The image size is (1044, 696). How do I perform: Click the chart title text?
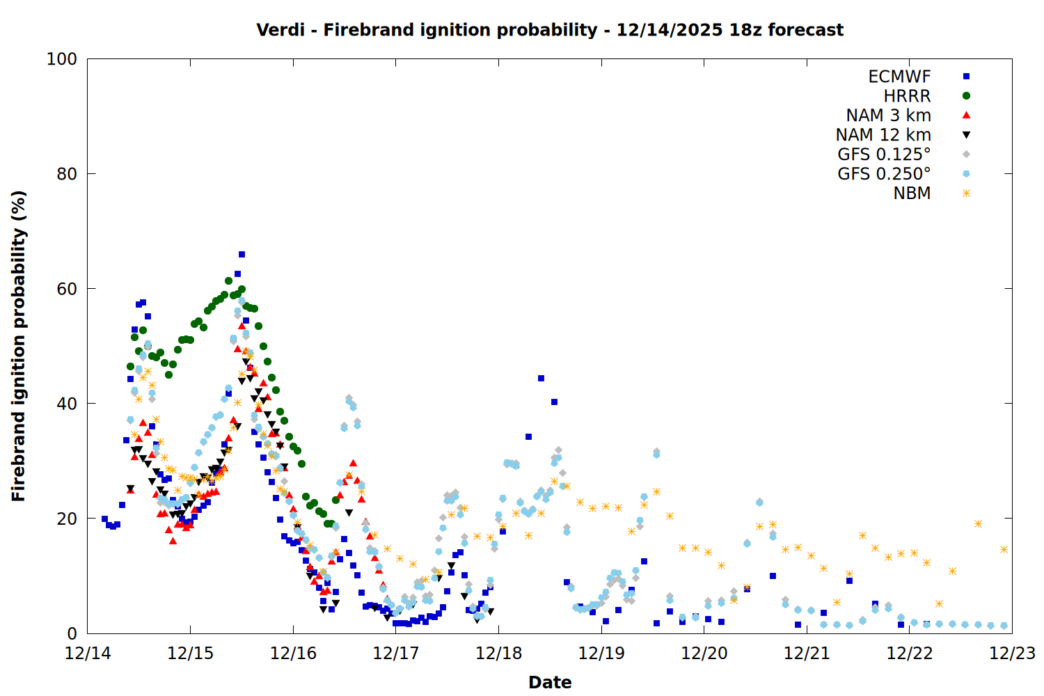[550, 30]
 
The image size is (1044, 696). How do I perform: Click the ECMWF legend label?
[899, 77]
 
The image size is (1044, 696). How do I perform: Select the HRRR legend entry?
[907, 96]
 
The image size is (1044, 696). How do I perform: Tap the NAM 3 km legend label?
[888, 116]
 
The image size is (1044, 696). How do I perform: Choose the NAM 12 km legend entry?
[883, 135]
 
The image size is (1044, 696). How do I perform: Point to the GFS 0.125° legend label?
[884, 155]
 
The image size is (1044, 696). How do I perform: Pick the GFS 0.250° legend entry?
[884, 174]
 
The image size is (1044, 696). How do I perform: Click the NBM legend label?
[912, 193]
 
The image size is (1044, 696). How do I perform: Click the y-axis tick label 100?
[62, 59]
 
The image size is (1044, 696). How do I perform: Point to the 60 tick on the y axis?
[67, 289]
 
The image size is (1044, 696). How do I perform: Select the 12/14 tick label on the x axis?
[88, 654]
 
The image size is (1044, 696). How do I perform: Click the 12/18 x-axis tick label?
[498, 654]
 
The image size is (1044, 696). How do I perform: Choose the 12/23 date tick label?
[1012, 654]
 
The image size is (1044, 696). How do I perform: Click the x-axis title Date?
[550, 682]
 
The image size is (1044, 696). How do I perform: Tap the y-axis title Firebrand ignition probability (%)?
[19, 346]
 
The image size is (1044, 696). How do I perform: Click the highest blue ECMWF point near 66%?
[242, 255]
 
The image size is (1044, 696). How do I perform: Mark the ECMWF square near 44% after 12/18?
[541, 379]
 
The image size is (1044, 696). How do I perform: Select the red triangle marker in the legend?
[966, 116]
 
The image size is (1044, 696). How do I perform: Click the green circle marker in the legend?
[966, 96]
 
